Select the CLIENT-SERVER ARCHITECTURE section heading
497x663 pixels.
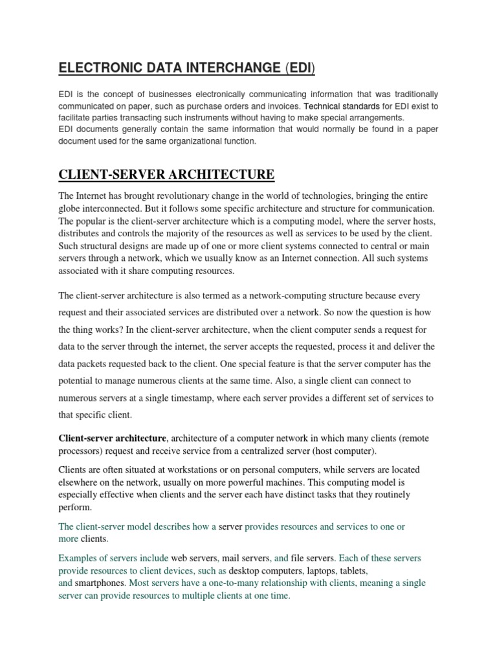coord(166,174)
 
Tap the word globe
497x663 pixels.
coord(72,208)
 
